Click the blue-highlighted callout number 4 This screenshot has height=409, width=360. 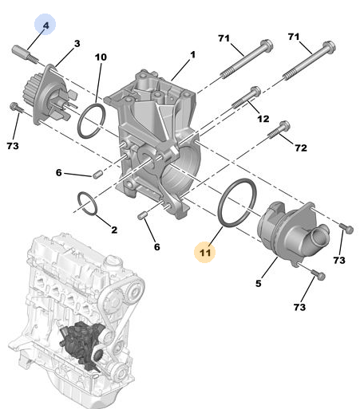click(x=45, y=26)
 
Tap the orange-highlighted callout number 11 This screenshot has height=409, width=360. click(x=205, y=253)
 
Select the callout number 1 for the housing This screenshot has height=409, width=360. click(x=192, y=55)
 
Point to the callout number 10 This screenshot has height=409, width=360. click(x=101, y=57)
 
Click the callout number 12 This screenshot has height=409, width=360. click(x=263, y=119)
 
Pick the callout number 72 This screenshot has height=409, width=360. click(x=301, y=147)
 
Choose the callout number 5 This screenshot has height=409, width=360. click(x=259, y=284)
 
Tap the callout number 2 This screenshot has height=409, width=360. click(x=114, y=230)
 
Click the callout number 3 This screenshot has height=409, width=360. click(x=77, y=44)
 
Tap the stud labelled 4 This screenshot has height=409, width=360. click(x=25, y=54)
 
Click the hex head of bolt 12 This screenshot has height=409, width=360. click(x=255, y=91)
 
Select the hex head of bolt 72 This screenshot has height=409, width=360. click(x=285, y=126)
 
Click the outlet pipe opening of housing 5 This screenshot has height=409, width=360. click(x=320, y=234)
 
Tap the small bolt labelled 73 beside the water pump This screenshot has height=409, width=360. click(x=16, y=107)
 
